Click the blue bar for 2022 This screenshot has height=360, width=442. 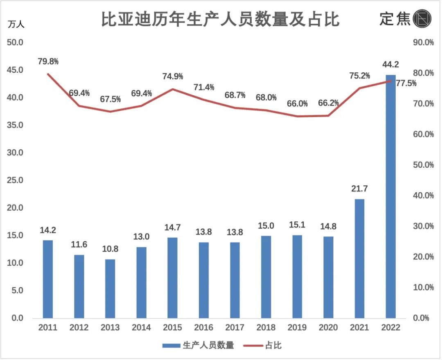[x=390, y=196]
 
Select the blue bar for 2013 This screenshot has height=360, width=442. [x=110, y=288]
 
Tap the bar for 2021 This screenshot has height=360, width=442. [x=359, y=259]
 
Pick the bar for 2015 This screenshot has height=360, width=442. [x=172, y=278]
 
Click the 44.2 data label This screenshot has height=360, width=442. [x=390, y=64]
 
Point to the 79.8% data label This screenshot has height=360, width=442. [x=48, y=62]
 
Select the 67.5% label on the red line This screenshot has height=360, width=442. [x=110, y=99]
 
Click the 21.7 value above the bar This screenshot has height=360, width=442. [x=359, y=189]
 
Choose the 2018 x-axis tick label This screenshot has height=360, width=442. [x=266, y=328]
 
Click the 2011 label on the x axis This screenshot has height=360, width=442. [x=48, y=328]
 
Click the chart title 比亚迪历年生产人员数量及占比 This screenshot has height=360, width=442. [x=221, y=19]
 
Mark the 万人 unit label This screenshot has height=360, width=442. [x=16, y=24]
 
